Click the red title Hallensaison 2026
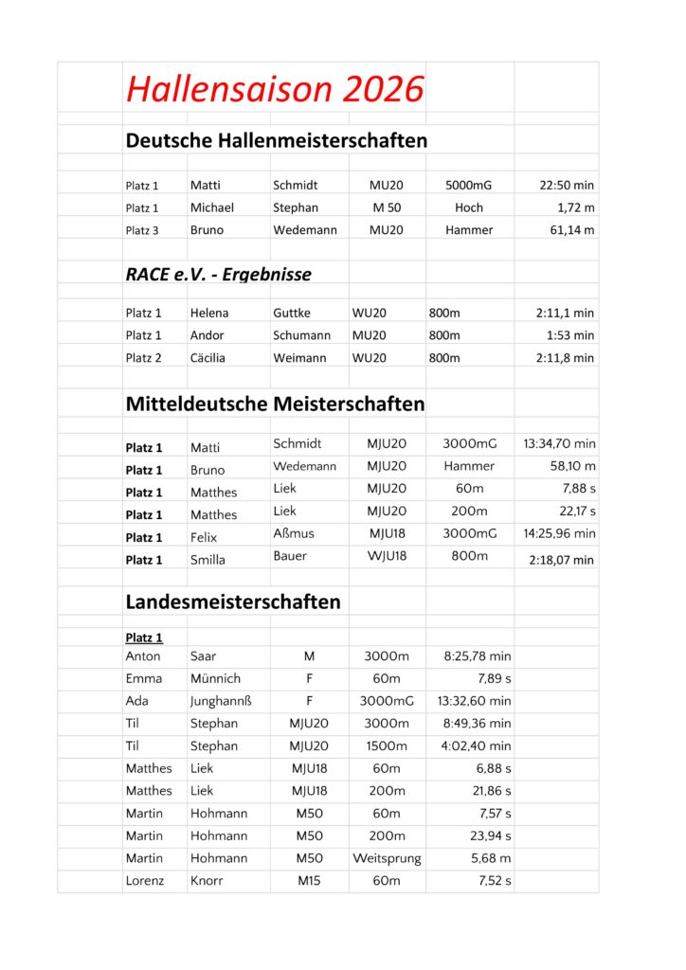[275, 89]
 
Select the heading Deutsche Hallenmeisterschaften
[276, 141]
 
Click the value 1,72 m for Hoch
[576, 207]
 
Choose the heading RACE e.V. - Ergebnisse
[218, 275]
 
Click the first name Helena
[209, 313]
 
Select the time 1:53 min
[570, 335]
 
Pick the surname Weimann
[303, 358]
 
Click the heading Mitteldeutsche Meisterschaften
[275, 404]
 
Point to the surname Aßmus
[294, 533]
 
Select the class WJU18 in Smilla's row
[387, 556]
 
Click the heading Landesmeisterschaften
[233, 602]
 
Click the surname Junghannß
[221, 702]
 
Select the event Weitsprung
[387, 859]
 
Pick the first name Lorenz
[144, 882]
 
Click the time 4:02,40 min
[476, 746]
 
